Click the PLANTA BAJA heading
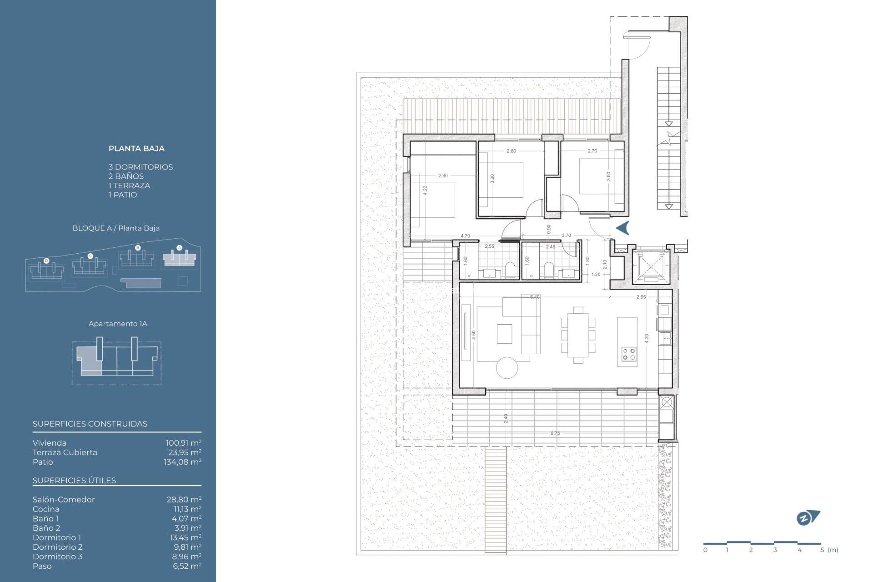(x=136, y=148)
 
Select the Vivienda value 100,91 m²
(x=183, y=443)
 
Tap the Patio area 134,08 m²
(x=182, y=462)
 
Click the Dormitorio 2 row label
(x=57, y=547)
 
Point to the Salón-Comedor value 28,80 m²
(x=184, y=499)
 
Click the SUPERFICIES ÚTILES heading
(x=74, y=481)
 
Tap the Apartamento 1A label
(x=118, y=324)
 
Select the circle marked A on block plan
(x=179, y=248)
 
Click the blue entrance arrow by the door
(x=622, y=228)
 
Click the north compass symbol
(x=808, y=518)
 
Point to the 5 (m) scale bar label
(x=829, y=550)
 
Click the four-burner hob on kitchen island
(x=629, y=354)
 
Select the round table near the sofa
(x=507, y=367)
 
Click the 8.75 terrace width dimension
(x=555, y=433)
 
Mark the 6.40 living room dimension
(x=535, y=297)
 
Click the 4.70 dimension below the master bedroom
(x=465, y=236)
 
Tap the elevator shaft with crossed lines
(x=651, y=266)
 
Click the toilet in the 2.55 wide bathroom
(x=510, y=269)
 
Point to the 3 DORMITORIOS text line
(x=140, y=167)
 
